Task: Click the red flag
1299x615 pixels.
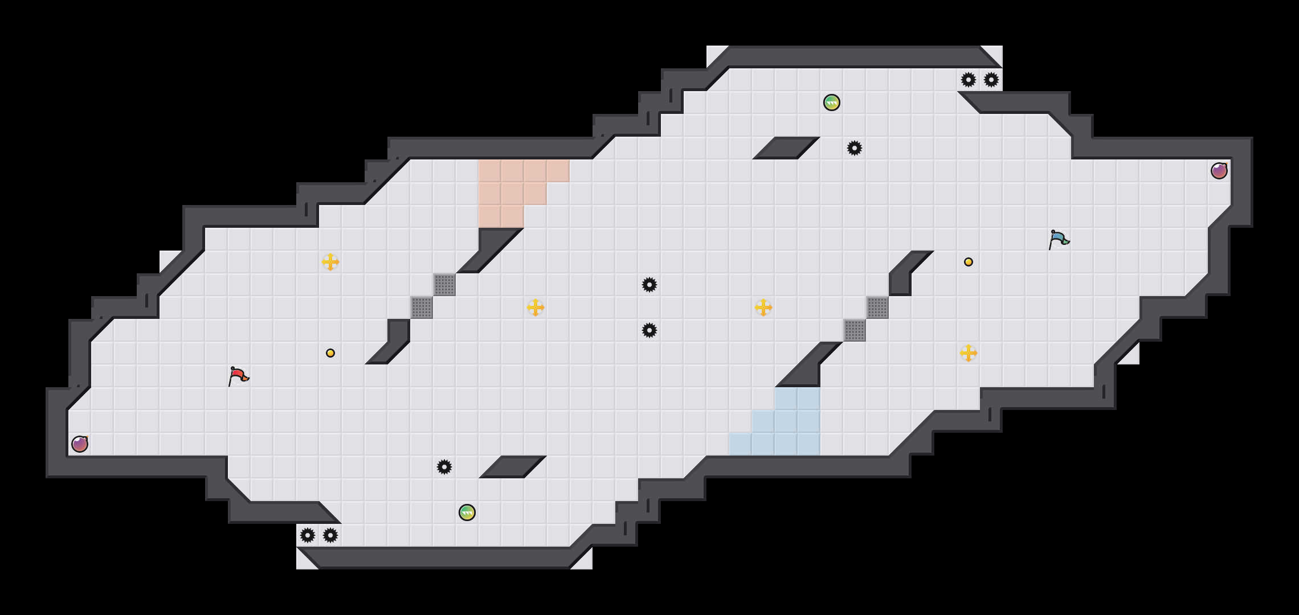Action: click(238, 376)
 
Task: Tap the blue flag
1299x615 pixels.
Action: click(1059, 239)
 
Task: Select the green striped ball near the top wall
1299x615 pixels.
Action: click(832, 102)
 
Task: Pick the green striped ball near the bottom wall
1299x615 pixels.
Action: click(467, 512)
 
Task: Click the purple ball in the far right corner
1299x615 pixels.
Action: click(1219, 171)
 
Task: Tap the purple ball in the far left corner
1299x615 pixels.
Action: click(80, 444)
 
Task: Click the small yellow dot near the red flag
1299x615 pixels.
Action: click(330, 353)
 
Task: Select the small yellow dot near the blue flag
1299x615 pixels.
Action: click(969, 262)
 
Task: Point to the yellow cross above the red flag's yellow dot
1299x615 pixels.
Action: click(330, 262)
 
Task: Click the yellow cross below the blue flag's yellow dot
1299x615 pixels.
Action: click(969, 353)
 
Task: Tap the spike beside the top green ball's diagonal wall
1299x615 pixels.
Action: click(855, 148)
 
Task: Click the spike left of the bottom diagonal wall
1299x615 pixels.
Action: click(444, 467)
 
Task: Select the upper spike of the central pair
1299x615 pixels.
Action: click(650, 285)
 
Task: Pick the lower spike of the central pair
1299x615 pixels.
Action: click(650, 330)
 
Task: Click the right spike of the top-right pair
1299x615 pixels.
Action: click(991, 80)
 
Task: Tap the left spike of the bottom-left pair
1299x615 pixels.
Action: click(308, 535)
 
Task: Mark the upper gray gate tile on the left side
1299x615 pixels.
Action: click(444, 285)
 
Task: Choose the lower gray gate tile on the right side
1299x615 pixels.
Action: click(855, 330)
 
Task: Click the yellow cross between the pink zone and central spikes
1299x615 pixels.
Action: click(536, 307)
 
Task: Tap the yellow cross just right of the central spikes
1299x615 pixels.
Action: click(763, 307)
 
